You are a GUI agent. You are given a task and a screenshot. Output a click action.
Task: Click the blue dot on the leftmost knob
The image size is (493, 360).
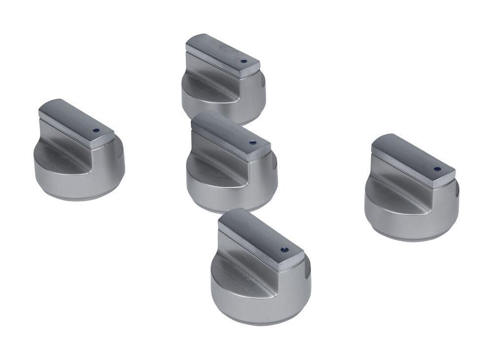coord(96,131)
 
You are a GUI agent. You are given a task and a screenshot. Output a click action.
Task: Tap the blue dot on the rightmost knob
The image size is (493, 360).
coord(437,169)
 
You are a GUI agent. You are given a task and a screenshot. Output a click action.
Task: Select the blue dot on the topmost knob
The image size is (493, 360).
coord(243,62)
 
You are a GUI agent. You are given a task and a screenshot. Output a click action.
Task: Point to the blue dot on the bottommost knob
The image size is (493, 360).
coord(284,250)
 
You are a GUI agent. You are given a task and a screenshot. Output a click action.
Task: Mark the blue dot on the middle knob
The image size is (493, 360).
coord(252,143)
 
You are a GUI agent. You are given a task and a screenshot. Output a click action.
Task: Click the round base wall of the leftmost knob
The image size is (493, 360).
coord(74,185)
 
